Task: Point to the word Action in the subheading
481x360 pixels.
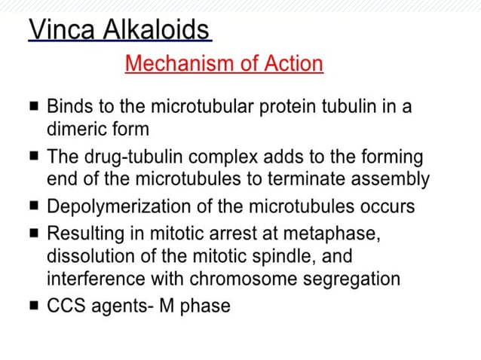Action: (293, 64)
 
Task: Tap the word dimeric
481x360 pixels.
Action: (76, 128)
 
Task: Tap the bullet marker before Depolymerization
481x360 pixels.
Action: (34, 206)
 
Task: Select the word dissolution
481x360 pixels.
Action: (86, 256)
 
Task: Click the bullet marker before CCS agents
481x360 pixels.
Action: (34, 307)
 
